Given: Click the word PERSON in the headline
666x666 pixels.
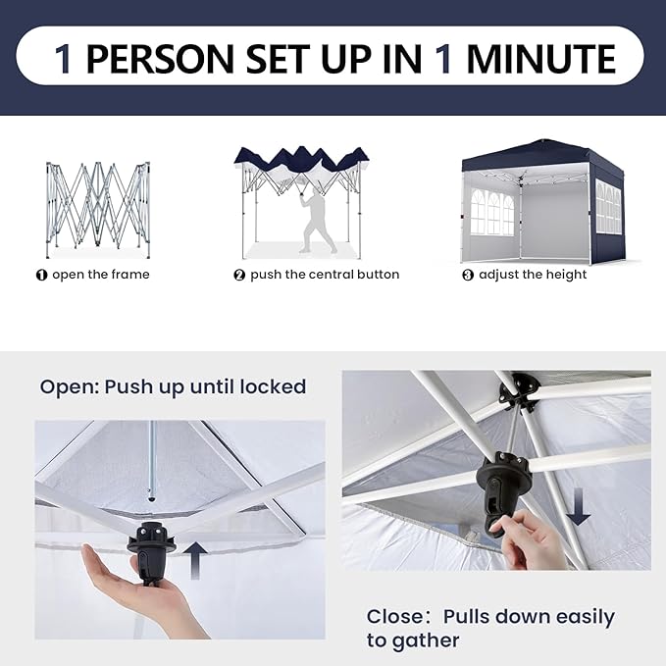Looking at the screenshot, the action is point(160,58).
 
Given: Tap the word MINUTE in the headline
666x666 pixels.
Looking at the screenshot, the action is point(540,58).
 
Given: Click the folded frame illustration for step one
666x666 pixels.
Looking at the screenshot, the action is point(98,209).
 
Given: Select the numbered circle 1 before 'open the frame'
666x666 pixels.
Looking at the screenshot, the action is point(41,276).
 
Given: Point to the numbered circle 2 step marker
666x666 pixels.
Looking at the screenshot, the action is point(239,276).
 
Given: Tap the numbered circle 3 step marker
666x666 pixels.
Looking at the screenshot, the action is point(468,276).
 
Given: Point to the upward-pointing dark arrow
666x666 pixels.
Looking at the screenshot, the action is point(195,560).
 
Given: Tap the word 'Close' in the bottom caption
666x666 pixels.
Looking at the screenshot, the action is point(395,617).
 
